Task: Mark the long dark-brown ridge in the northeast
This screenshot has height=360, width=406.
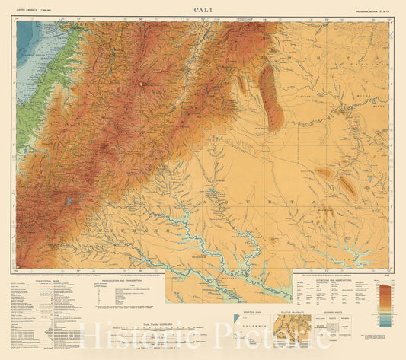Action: (270, 95)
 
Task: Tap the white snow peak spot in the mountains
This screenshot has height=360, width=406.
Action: (140, 83)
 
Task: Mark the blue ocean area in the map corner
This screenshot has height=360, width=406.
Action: (26, 38)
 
